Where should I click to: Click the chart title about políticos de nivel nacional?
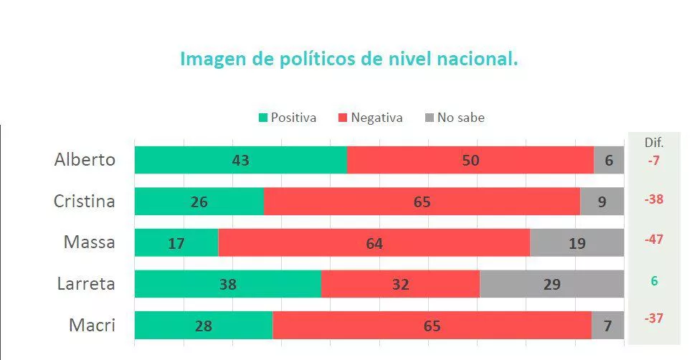[x=348, y=60]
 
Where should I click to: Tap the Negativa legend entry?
[x=370, y=118]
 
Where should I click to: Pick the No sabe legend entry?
[x=455, y=118]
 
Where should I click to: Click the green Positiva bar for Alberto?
[x=240, y=160]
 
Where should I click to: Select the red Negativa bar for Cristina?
[x=422, y=202]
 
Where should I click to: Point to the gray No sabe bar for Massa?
[x=577, y=243]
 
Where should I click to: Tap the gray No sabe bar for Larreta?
[x=551, y=284]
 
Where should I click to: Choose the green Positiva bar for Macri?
[x=203, y=326]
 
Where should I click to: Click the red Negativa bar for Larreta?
[x=400, y=284]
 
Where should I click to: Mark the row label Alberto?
[x=85, y=160]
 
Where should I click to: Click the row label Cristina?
[x=85, y=202]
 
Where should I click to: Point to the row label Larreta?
[x=86, y=284]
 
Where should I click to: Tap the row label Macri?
[x=92, y=326]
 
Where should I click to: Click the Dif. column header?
[x=653, y=143]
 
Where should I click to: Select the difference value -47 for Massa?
[x=653, y=240]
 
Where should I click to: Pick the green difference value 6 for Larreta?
[x=654, y=281]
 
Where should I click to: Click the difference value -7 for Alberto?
[x=653, y=161]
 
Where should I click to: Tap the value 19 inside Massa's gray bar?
[x=577, y=244]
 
